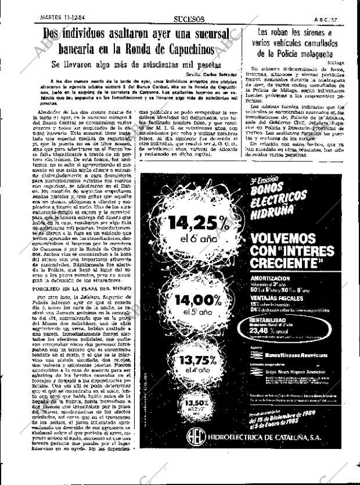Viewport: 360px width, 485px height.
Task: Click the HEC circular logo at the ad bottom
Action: (x=195, y=452)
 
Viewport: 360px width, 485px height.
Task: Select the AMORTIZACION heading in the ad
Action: (x=268, y=279)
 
